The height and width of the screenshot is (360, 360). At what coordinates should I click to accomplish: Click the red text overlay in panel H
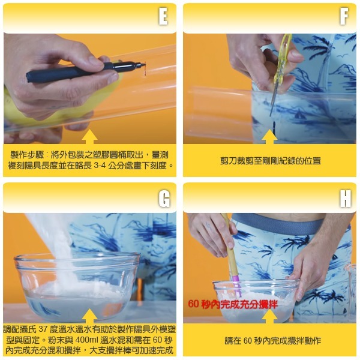pos(233,304)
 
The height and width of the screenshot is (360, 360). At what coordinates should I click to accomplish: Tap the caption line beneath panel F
pos(269,160)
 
